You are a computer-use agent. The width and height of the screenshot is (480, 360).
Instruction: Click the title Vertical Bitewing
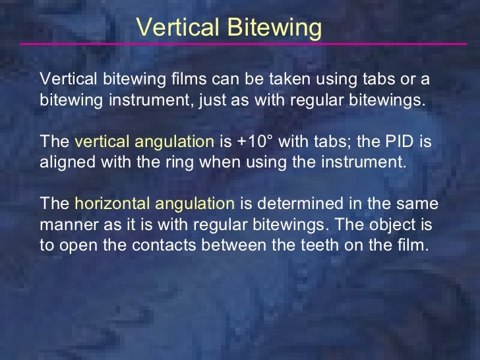click(x=229, y=27)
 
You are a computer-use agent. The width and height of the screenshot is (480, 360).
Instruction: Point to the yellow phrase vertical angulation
click(x=144, y=141)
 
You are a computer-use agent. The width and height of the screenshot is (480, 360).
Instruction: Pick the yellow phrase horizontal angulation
click(x=155, y=204)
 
